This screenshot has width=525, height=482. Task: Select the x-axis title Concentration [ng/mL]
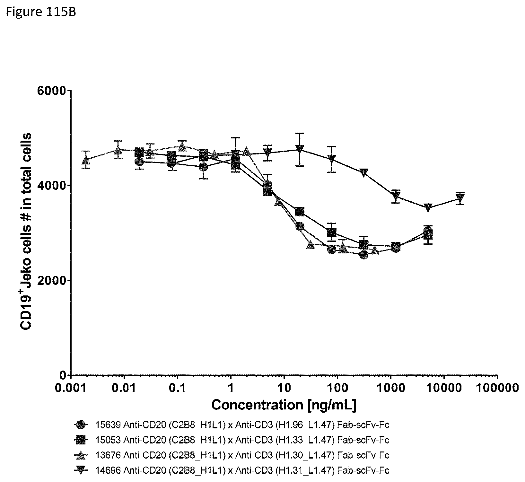click(284, 405)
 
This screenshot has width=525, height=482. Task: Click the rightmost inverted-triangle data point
click(460, 198)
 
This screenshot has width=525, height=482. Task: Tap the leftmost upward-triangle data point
click(86, 160)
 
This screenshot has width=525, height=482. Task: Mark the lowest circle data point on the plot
click(364, 255)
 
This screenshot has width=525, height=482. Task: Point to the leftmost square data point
click(139, 152)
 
